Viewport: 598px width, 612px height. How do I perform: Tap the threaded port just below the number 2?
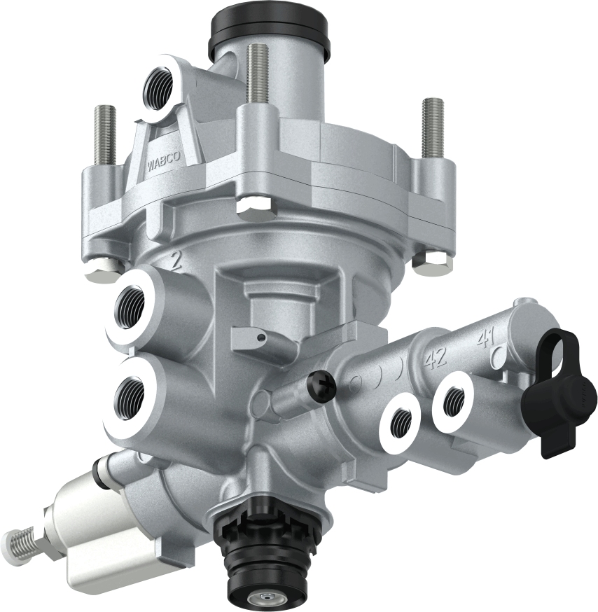pyautogui.click(x=132, y=305)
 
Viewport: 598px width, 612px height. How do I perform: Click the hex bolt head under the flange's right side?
pyautogui.click(x=433, y=263)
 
